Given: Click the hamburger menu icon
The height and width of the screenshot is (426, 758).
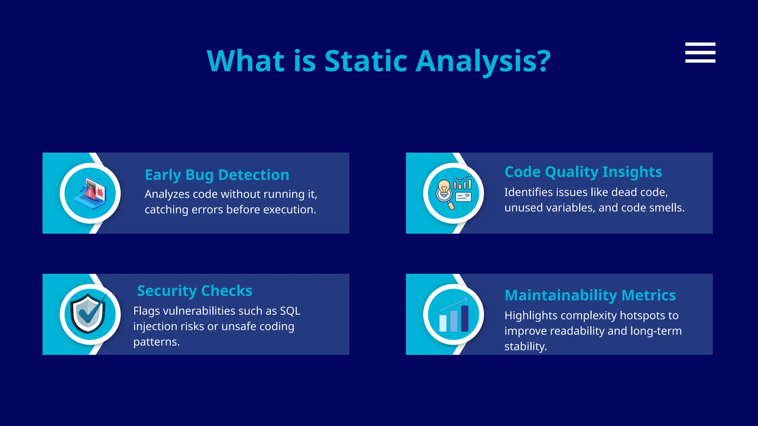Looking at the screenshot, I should pyautogui.click(x=700, y=53).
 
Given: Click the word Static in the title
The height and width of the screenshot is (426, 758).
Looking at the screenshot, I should pyautogui.click(x=366, y=61).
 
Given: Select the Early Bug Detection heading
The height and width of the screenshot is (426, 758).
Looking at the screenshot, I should pyautogui.click(x=217, y=175).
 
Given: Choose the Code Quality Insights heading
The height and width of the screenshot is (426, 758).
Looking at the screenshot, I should pyautogui.click(x=583, y=172).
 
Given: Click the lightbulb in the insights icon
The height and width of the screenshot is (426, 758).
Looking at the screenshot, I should pyautogui.click(x=444, y=187).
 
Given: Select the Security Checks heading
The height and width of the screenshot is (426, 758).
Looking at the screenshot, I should pyautogui.click(x=195, y=291).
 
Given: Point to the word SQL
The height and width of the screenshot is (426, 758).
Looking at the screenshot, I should pyautogui.click(x=290, y=311).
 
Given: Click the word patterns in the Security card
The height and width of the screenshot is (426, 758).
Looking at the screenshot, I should pyautogui.click(x=156, y=342).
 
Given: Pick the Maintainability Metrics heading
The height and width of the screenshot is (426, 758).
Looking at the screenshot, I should pyautogui.click(x=590, y=295).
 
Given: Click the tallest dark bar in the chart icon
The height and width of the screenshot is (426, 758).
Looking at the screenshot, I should pyautogui.click(x=465, y=318).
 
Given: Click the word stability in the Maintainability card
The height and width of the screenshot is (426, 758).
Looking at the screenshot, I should pyautogui.click(x=525, y=346).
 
